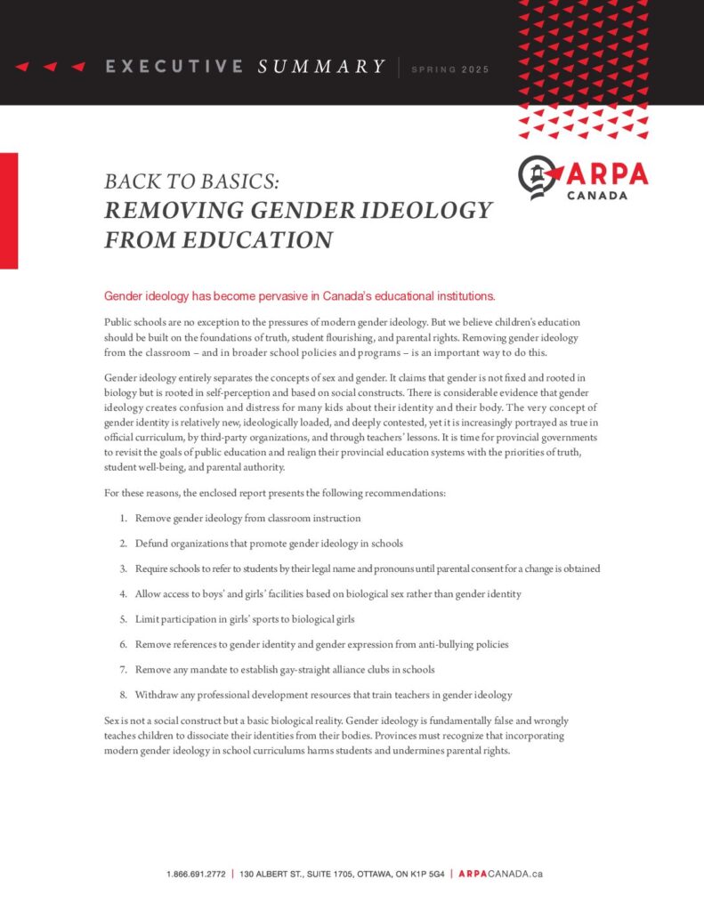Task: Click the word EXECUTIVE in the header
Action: coord(174,67)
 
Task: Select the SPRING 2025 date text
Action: coord(449,69)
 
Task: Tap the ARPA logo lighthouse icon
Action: coord(538,177)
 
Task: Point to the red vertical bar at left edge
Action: coord(9,211)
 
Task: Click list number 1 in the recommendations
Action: coord(122,518)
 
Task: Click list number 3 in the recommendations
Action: coord(122,568)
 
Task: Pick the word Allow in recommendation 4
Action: coord(149,593)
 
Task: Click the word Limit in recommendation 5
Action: coord(148,618)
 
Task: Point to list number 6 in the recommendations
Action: coord(122,643)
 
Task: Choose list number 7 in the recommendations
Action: coord(122,668)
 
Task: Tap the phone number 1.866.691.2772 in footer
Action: coord(195,875)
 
